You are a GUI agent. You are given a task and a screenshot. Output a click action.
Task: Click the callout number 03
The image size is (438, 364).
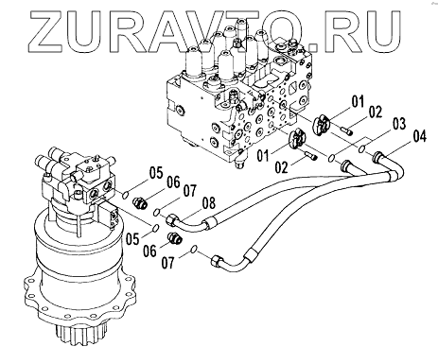pyautogui.click(x=398, y=124)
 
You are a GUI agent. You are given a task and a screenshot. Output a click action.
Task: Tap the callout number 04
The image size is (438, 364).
pyautogui.click(x=418, y=136)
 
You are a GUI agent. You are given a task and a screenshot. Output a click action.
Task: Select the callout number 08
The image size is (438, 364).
pyautogui.click(x=208, y=203)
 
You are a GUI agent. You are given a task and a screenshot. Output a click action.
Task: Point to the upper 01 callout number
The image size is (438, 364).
pyautogui.click(x=358, y=101)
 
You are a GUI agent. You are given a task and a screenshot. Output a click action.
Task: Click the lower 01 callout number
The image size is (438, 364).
pyautogui.click(x=263, y=156)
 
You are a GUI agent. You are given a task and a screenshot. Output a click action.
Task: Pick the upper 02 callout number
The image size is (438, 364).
pyautogui.click(x=375, y=112)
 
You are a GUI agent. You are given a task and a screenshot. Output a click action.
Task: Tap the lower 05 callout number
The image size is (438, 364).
pyautogui.click(x=132, y=238)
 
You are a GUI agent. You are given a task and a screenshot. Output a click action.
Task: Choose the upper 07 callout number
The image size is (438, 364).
pyautogui.click(x=189, y=191)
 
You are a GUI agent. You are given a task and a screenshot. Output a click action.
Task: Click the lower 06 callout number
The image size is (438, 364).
pyautogui.click(x=150, y=251)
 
